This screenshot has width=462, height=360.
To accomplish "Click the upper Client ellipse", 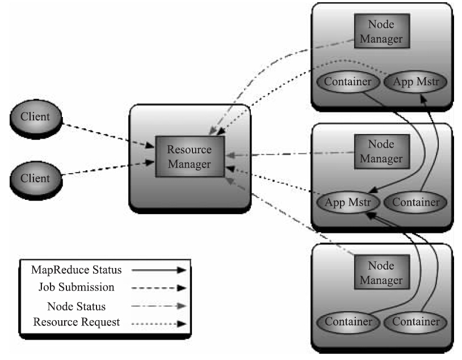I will [35, 117].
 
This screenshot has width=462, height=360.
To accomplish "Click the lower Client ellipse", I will [35, 178].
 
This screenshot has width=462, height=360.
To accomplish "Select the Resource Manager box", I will [189, 157].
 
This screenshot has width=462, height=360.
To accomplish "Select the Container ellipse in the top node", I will [347, 82].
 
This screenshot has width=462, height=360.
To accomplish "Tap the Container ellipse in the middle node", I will [415, 201].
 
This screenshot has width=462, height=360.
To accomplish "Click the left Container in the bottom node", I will [347, 322].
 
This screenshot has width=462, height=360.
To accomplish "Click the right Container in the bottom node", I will [415, 322].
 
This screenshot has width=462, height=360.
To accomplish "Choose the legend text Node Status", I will [77, 306].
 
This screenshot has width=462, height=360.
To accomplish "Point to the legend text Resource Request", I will [77, 322].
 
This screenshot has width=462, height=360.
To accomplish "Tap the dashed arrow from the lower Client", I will [108, 169].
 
